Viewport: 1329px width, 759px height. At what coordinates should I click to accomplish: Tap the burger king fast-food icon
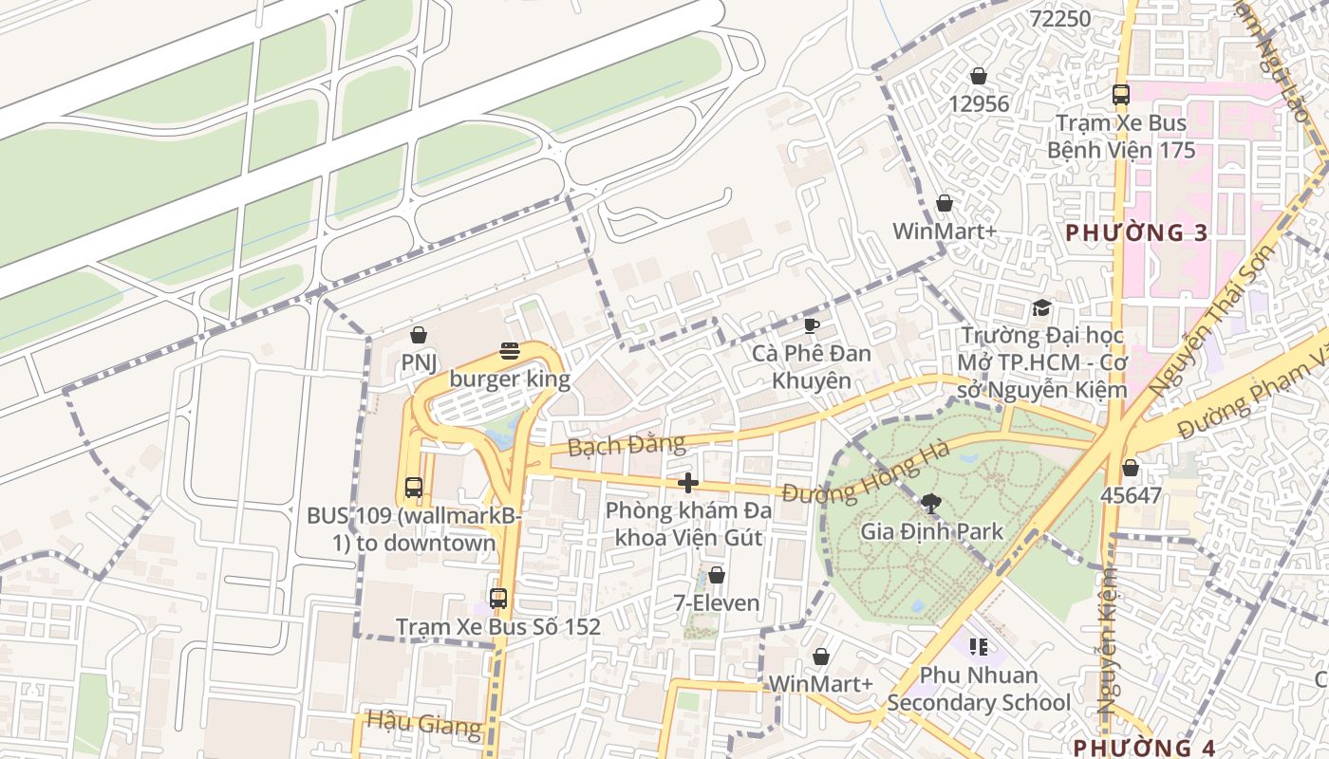pos(510,351)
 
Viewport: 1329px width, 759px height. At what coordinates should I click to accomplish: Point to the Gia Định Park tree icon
pos(931,504)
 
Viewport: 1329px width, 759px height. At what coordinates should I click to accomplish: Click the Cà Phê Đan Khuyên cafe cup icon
pos(811,326)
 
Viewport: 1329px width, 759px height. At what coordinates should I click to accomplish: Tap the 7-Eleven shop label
pos(717,602)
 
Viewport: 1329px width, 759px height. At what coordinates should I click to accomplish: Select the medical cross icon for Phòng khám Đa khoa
pos(688,483)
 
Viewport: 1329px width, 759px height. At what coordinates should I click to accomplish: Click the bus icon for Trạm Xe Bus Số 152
pos(498,599)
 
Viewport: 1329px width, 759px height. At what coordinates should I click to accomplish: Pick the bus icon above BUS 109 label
pos(414,488)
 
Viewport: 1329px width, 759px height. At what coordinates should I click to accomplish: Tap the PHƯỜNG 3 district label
pos(1136,232)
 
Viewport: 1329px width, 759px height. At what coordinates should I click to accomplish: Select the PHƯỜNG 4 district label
pos(1144,747)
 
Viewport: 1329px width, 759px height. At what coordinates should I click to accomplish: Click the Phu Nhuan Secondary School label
pos(979,690)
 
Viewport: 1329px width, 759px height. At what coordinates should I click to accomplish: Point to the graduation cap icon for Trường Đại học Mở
pos(1041,308)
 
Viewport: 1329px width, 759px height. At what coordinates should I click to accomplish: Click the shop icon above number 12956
pos(979,76)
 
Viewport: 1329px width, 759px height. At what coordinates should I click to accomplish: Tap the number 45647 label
pos(1131,495)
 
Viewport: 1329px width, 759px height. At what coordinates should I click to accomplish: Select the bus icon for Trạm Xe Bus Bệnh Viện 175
pos(1121,95)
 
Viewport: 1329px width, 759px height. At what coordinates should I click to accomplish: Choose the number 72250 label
pos(1060,18)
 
